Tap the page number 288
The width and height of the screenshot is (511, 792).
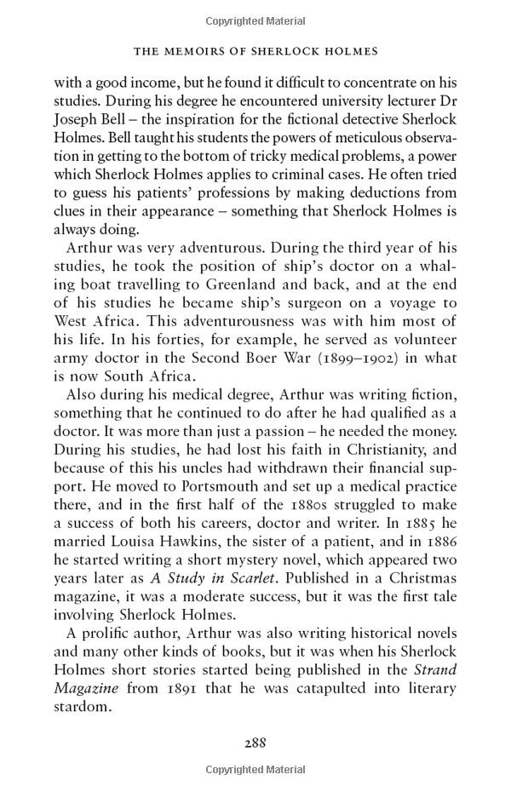pyautogui.click(x=255, y=742)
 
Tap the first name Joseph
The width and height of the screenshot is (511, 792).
pyautogui.click(x=78, y=122)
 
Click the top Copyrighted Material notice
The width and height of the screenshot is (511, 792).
pyautogui.click(x=255, y=20)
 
